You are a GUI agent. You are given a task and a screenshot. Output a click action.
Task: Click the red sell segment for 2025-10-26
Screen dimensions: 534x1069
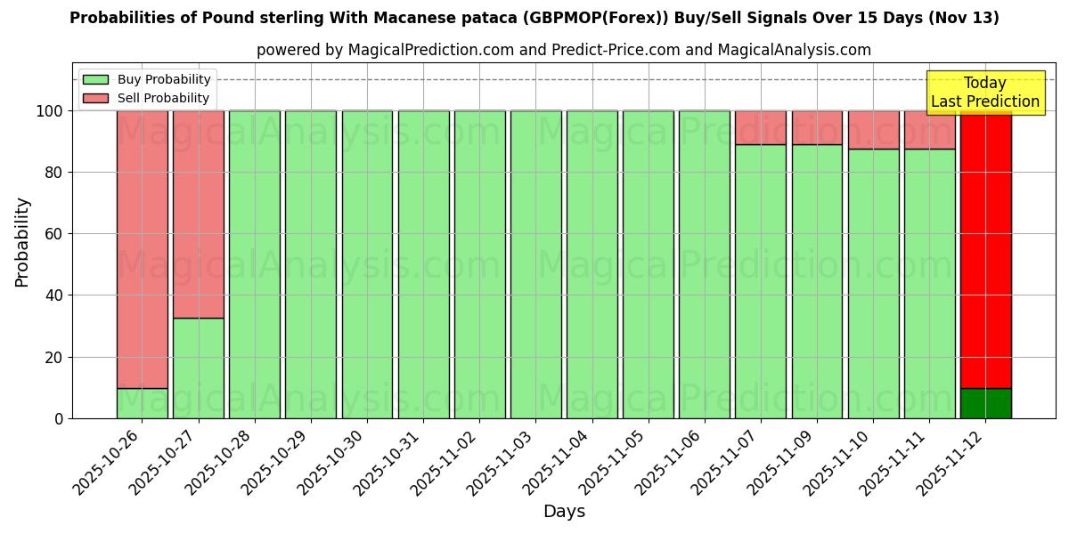tap(142, 249)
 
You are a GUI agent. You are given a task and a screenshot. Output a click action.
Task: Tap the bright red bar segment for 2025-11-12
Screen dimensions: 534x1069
tap(985, 249)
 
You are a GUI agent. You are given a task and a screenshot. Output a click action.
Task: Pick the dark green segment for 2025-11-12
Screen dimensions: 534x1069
tap(985, 403)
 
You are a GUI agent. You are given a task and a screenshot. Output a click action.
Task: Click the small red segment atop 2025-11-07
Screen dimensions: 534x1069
tap(760, 127)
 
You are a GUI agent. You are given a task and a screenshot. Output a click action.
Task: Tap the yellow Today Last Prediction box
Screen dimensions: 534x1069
tap(984, 93)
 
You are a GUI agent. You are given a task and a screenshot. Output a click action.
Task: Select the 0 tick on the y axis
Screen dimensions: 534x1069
tap(59, 419)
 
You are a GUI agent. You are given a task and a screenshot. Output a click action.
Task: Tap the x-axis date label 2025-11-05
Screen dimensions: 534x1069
tap(614, 463)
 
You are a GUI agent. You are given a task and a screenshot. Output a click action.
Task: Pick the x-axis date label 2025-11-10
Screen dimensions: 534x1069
tap(838, 463)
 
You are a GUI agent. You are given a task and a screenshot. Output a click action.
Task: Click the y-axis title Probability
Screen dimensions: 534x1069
tap(22, 242)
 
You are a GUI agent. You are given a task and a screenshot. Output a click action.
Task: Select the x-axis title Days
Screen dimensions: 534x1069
tap(564, 512)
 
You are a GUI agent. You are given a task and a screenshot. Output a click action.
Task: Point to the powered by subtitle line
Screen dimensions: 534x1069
tap(564, 50)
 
